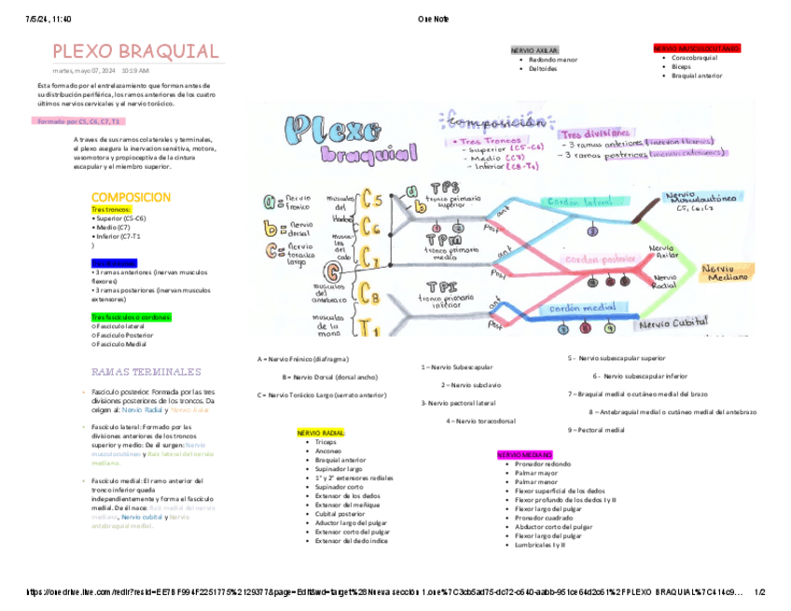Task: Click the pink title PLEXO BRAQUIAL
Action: [135, 51]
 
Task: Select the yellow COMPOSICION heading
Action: [131, 198]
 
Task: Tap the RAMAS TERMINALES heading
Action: [146, 370]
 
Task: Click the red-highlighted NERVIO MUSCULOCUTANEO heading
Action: [697, 47]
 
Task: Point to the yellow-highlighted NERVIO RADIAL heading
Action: [321, 433]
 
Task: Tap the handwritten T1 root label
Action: [369, 326]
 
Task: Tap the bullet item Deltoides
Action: [542, 68]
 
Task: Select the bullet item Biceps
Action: [681, 67]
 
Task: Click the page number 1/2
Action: [758, 591]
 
